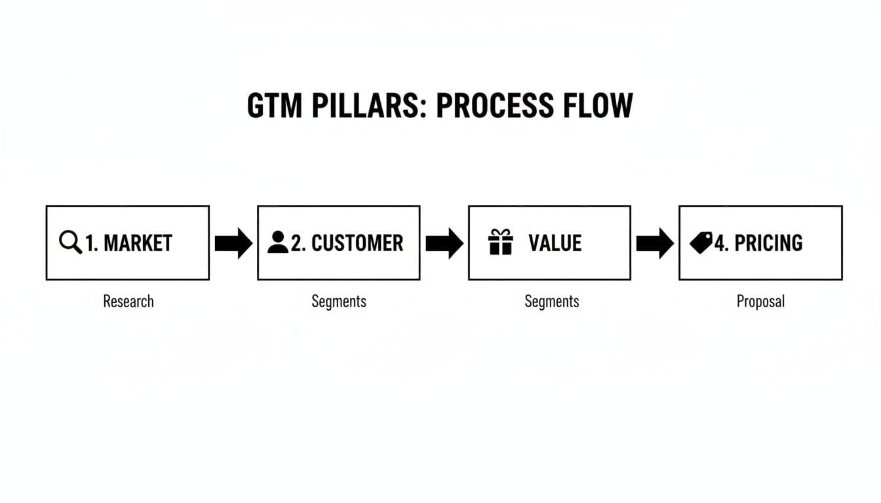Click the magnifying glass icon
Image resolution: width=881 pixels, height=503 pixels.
pos(70,242)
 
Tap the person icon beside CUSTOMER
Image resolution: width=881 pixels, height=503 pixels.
pos(278,242)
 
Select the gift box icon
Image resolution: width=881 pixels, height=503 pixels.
pos(501,242)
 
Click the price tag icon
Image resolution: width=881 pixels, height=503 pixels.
pos(701,243)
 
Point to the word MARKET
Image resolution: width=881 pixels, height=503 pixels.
pos(138,243)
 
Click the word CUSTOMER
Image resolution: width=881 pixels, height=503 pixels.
pos(357,243)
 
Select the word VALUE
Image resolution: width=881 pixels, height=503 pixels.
pos(555,243)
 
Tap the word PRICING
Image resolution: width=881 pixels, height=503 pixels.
pos(768,243)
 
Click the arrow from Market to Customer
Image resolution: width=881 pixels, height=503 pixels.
pos(233,243)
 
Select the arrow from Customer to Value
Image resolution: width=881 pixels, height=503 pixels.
pos(444,243)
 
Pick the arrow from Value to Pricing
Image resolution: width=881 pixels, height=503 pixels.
pos(655,243)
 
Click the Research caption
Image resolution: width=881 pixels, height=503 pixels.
pos(128,301)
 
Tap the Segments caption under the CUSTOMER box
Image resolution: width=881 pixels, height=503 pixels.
pos(339,301)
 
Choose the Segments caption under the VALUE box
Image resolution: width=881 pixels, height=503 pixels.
pos(552,301)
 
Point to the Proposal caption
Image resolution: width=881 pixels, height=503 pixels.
pos(760,301)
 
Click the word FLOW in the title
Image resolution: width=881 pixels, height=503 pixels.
pos(604,106)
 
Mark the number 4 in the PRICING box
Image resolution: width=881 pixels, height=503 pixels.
pos(720,244)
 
